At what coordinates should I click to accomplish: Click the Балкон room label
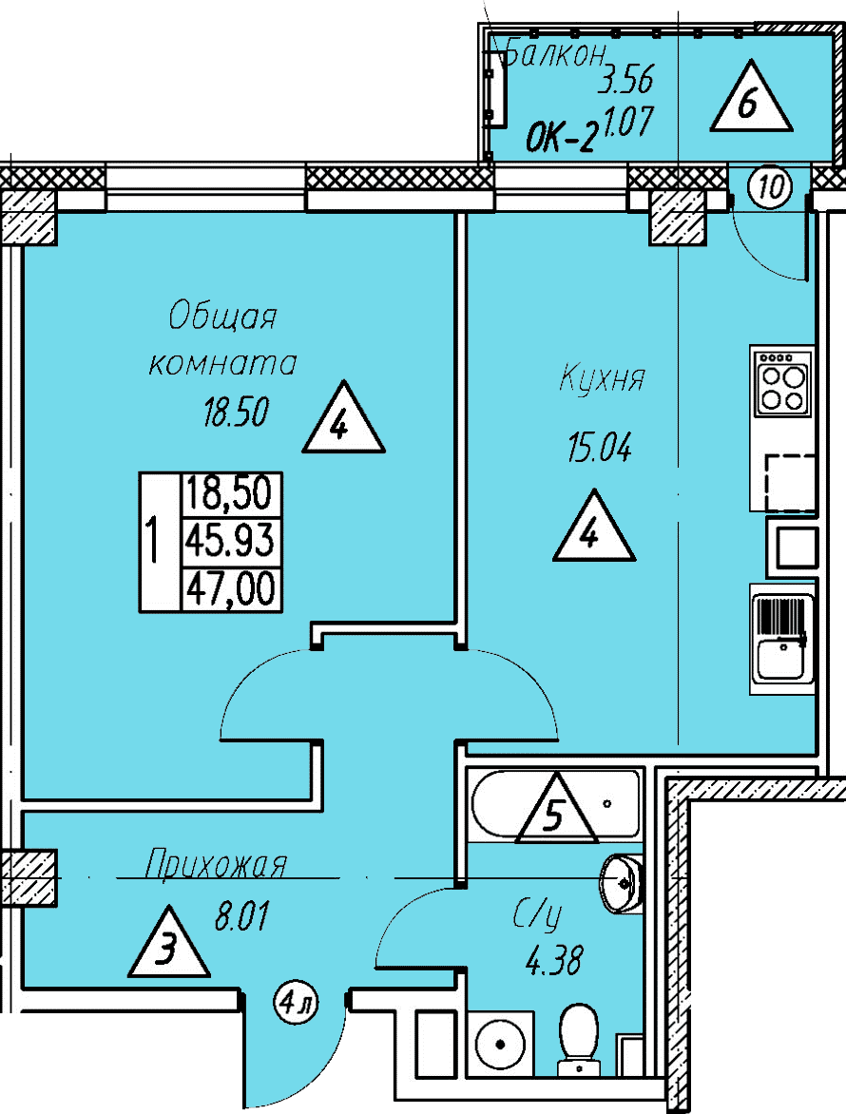pyautogui.click(x=556, y=52)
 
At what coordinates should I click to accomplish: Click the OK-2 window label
pyautogui.click(x=560, y=138)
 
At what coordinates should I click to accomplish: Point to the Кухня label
pyautogui.click(x=603, y=377)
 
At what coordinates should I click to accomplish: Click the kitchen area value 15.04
pyautogui.click(x=600, y=448)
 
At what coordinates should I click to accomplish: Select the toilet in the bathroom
pyautogui.click(x=579, y=1038)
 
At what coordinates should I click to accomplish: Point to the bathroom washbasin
pyautogui.click(x=621, y=883)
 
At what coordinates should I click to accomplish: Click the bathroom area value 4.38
pyautogui.click(x=554, y=961)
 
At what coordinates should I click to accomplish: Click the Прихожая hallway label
pyautogui.click(x=216, y=866)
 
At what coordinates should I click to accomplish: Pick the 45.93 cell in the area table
pyautogui.click(x=230, y=541)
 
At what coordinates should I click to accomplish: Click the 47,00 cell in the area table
pyautogui.click(x=230, y=588)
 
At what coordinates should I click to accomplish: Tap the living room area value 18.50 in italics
pyautogui.click(x=236, y=413)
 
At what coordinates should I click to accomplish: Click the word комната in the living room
pyautogui.click(x=222, y=364)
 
